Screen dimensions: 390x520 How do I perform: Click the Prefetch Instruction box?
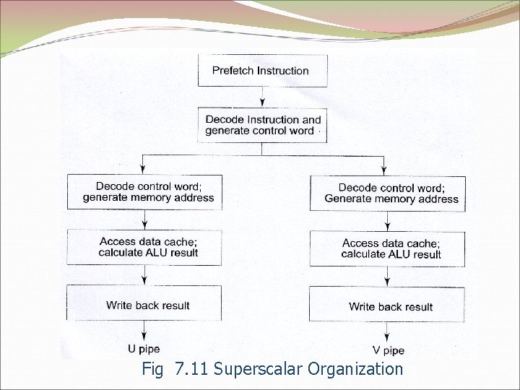click(x=262, y=71)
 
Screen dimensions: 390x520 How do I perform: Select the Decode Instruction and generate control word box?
click(x=262, y=125)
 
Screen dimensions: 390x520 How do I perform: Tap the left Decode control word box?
click(x=145, y=192)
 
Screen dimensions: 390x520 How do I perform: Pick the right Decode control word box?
click(x=387, y=193)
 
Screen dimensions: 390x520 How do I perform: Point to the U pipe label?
click(x=144, y=349)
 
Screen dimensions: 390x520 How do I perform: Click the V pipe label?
click(x=389, y=350)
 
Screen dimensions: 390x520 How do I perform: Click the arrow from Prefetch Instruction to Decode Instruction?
click(x=262, y=97)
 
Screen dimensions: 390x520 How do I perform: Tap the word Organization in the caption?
click(x=355, y=369)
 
